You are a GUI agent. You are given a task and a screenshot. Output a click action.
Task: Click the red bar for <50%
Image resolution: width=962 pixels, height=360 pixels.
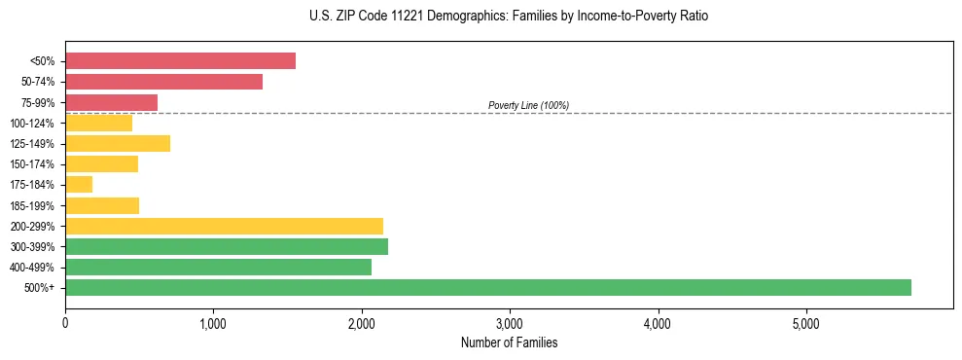[180, 60]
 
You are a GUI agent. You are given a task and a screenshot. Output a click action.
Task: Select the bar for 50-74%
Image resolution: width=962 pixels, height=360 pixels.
[163, 82]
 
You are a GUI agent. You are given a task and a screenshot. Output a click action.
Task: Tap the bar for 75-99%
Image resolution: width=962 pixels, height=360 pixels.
[111, 102]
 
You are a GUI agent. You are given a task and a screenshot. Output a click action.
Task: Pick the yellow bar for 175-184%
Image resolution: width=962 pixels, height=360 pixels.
[79, 185]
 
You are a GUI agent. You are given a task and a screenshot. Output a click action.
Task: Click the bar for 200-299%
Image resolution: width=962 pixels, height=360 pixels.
[224, 226]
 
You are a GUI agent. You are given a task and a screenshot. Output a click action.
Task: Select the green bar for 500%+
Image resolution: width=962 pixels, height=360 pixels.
[487, 287]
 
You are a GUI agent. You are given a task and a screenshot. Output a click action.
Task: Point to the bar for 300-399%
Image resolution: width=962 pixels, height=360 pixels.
[227, 246]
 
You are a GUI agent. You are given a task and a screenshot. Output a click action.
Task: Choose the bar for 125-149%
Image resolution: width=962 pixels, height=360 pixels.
[118, 144]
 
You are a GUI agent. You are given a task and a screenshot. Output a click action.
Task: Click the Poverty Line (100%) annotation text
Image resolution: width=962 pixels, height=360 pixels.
[528, 105]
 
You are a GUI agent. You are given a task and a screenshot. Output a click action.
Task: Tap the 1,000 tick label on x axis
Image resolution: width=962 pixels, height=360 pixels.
[213, 323]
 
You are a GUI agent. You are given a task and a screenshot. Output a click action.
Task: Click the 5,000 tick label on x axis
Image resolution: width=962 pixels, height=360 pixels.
[806, 323]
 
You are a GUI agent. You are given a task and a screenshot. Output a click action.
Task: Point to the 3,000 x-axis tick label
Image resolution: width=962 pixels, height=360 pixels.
[510, 323]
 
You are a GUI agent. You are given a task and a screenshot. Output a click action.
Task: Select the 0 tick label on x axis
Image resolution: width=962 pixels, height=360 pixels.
[65, 323]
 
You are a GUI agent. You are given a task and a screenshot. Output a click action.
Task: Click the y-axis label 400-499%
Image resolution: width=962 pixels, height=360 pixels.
[33, 268]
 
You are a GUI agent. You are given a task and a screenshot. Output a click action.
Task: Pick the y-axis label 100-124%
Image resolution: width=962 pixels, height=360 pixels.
[33, 124]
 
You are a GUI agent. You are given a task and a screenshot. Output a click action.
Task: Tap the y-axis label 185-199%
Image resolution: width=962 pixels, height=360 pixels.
[33, 205]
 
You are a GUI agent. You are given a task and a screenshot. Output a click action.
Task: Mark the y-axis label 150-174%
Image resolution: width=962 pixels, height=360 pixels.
[33, 164]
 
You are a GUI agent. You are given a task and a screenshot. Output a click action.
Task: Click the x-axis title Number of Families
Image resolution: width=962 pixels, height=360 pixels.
[509, 342]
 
